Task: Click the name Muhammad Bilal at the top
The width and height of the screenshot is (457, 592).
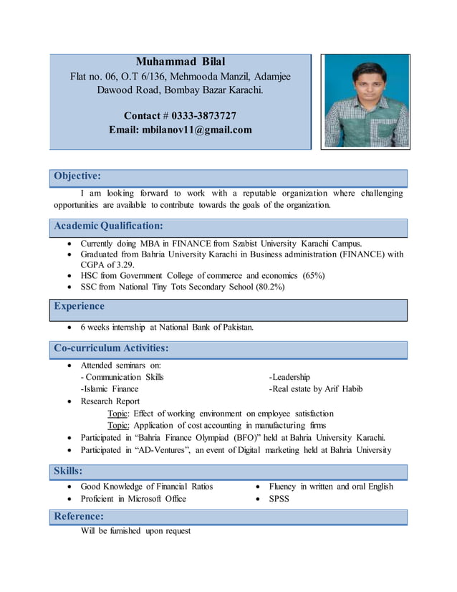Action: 180,62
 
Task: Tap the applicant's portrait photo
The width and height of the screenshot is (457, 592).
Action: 365,101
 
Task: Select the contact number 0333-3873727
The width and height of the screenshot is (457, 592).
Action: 203,115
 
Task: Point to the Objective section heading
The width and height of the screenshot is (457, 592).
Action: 77,176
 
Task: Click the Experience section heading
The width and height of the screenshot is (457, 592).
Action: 79,306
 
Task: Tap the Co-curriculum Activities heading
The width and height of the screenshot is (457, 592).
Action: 112,348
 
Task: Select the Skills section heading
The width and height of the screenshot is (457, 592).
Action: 68,471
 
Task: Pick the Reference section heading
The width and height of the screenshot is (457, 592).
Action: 79,516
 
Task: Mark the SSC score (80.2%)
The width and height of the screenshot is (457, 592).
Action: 270,287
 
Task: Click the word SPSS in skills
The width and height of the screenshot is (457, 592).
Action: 279,498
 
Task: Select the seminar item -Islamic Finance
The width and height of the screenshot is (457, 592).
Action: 110,388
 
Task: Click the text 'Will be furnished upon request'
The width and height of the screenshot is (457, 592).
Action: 135,531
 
